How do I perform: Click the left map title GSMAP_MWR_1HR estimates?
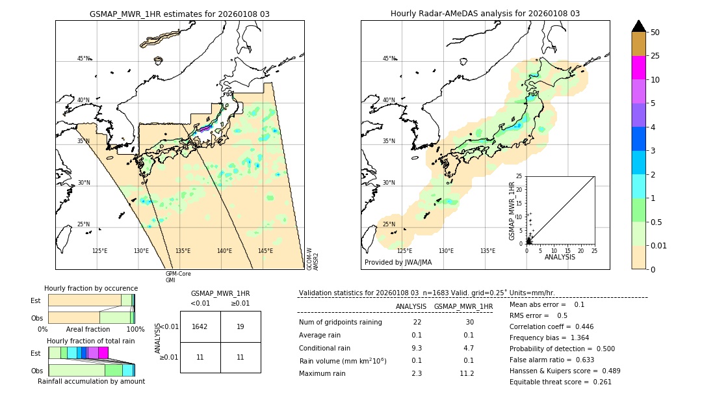click(x=179, y=14)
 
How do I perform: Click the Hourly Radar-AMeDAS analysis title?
click(x=485, y=14)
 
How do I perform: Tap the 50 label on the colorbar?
click(x=656, y=32)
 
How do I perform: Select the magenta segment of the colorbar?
click(x=638, y=68)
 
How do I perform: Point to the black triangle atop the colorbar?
click(x=638, y=26)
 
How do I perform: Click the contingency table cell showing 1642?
click(x=200, y=326)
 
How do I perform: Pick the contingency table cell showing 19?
click(x=240, y=326)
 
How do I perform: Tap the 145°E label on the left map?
click(x=265, y=251)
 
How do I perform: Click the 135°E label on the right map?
click(x=487, y=251)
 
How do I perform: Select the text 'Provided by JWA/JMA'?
click(x=398, y=263)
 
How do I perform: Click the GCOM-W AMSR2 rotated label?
click(x=313, y=258)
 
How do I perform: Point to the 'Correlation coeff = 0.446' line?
click(x=551, y=327)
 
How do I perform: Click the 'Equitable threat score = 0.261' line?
click(x=560, y=382)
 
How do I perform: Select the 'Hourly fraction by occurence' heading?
click(x=91, y=288)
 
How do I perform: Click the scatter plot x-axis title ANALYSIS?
click(x=560, y=257)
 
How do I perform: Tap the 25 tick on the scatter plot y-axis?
click(x=519, y=176)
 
